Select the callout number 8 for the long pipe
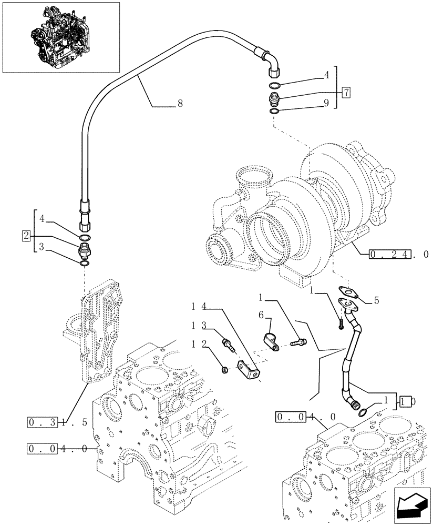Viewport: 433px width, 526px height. (x=180, y=104)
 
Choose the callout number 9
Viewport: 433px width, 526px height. (x=326, y=104)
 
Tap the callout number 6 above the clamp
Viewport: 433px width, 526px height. (x=261, y=314)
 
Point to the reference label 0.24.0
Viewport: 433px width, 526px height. (x=399, y=254)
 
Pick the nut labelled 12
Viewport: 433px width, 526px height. (x=225, y=371)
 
